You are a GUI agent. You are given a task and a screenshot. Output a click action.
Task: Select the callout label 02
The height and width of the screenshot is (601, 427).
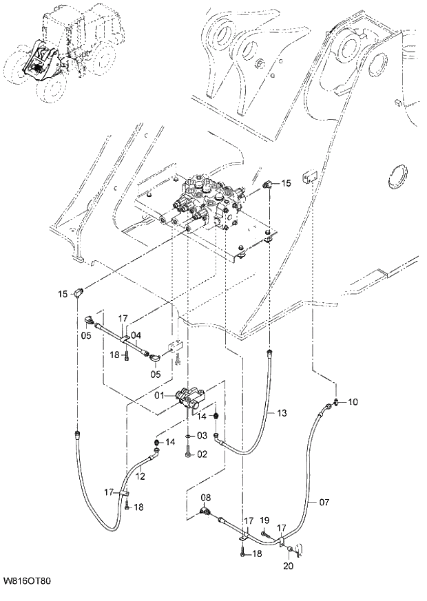(x=202, y=454)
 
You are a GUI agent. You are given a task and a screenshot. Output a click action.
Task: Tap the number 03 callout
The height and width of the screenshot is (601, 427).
(x=202, y=436)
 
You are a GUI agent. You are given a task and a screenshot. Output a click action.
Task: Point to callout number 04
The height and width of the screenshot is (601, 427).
(x=136, y=336)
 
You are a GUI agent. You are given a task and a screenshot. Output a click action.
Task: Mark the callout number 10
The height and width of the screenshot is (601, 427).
(x=353, y=401)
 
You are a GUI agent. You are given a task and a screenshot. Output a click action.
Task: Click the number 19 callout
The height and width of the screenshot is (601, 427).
(x=264, y=521)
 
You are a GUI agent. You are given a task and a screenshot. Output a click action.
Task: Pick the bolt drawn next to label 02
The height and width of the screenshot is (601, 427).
(x=188, y=452)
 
